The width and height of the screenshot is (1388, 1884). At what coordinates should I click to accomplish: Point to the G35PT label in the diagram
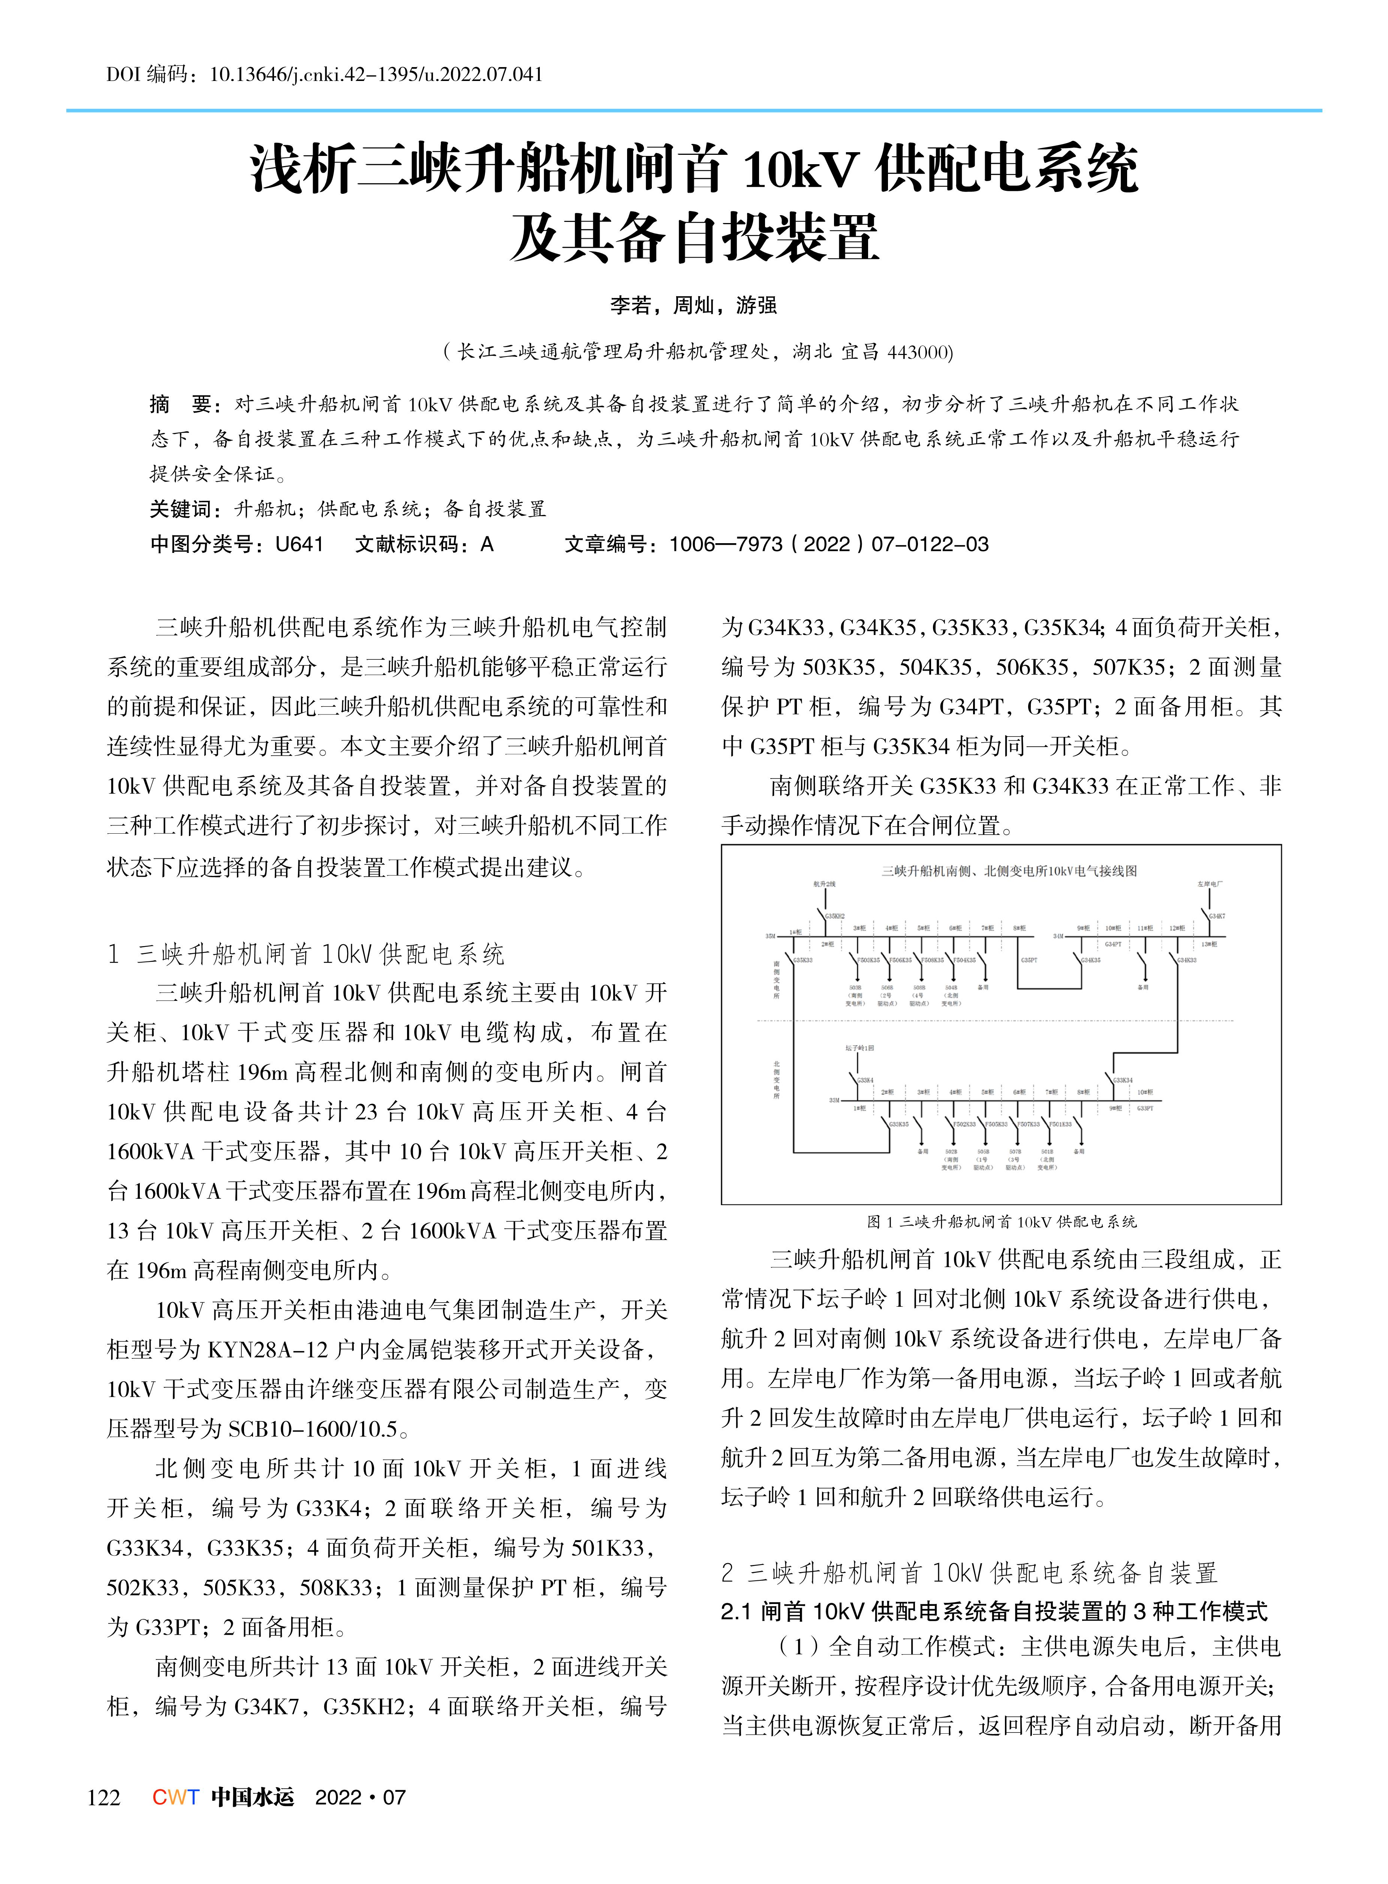[x=1029, y=960]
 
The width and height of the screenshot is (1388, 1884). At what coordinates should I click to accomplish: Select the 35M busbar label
[x=770, y=935]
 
